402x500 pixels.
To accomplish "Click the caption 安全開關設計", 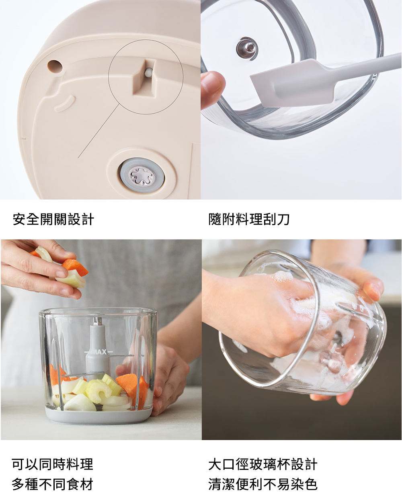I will pyautogui.click(x=53, y=219).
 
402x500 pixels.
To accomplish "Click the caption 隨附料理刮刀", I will pyautogui.click(x=249, y=219).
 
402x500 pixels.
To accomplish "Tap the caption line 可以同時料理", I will pyautogui.click(x=53, y=464).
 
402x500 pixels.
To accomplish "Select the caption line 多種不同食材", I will pyautogui.click(x=53, y=484).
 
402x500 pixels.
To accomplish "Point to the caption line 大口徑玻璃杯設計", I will pyautogui.click(x=263, y=464).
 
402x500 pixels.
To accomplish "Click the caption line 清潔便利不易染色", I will pyautogui.click(x=263, y=484).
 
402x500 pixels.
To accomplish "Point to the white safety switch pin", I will pyautogui.click(x=148, y=73).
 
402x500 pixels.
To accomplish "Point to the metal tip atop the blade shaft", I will pyautogui.click(x=96, y=320).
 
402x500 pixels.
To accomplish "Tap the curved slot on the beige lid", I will pyautogui.click(x=66, y=103).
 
